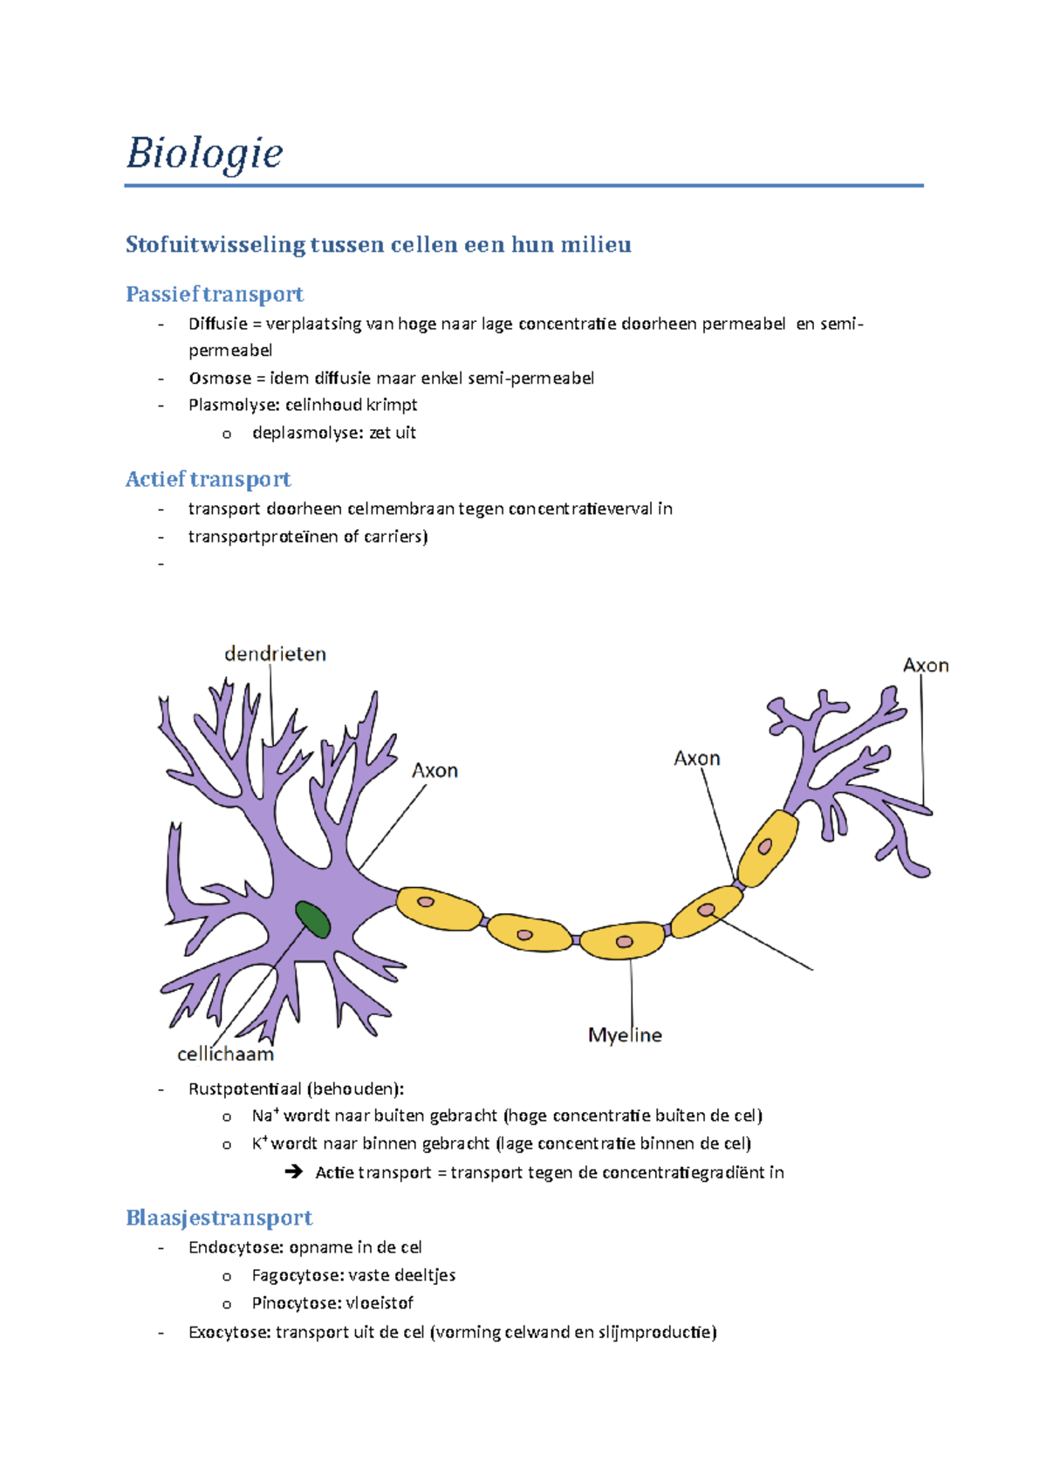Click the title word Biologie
click(x=204, y=154)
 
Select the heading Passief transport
click(x=215, y=294)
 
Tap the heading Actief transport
click(x=208, y=479)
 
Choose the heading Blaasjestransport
click(x=219, y=1218)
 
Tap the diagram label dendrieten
click(x=275, y=654)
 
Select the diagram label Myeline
click(x=625, y=1035)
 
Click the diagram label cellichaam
click(x=225, y=1054)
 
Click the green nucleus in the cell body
click(x=312, y=919)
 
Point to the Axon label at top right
click(x=926, y=665)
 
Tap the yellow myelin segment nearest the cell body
click(x=439, y=907)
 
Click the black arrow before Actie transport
click(x=294, y=1172)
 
